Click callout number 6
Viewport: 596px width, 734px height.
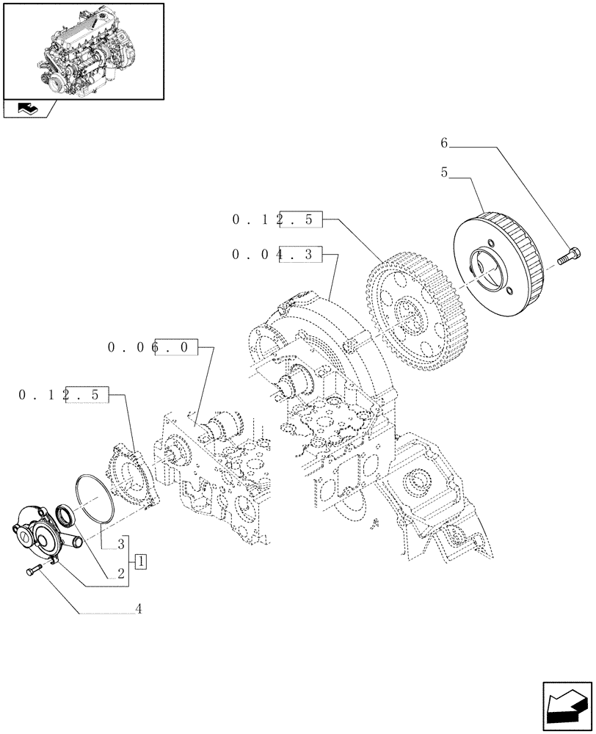[444, 143]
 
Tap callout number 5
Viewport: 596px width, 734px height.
[444, 174]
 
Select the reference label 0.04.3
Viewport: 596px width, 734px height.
[277, 255]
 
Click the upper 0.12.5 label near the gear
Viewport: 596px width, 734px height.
[277, 219]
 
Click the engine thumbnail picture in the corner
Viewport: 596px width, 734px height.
[83, 51]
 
